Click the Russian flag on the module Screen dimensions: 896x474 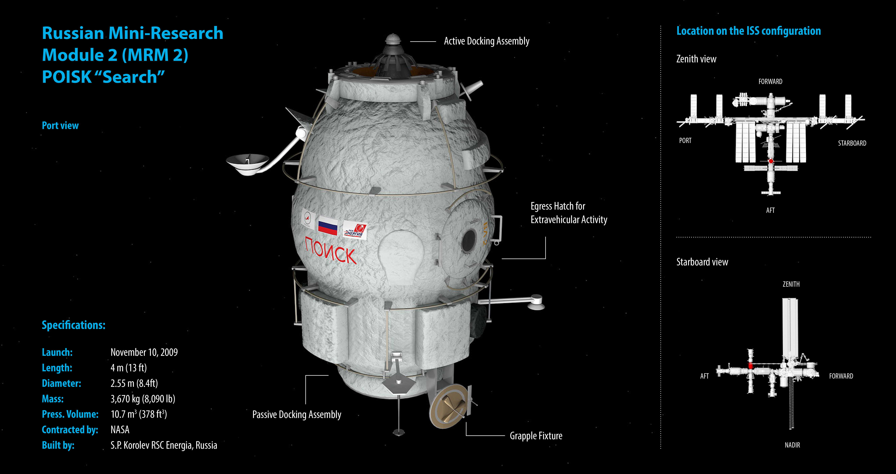tap(328, 225)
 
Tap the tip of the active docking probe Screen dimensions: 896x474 tap(393, 35)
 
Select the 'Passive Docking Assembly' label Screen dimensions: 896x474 tap(297, 414)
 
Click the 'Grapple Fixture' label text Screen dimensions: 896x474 tap(536, 436)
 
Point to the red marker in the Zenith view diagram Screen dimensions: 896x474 tap(771, 161)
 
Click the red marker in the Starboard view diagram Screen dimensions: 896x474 tap(751, 366)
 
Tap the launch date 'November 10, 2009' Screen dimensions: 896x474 tap(144, 352)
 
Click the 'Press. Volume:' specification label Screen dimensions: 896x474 tap(70, 414)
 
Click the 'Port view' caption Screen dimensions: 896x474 tap(60, 126)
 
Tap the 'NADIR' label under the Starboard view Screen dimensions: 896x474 tap(792, 445)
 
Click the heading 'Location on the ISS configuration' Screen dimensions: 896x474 tap(748, 31)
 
